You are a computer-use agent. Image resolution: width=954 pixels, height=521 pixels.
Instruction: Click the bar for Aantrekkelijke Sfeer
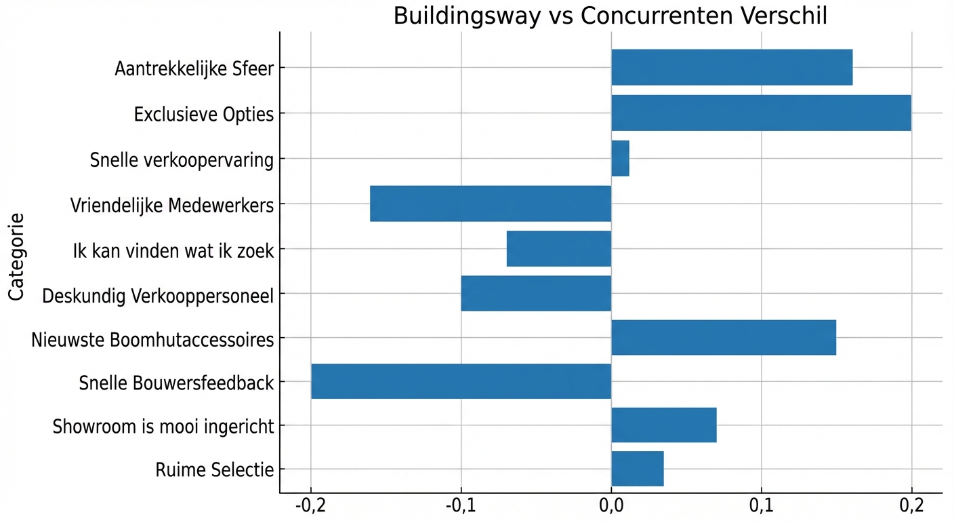coord(732,68)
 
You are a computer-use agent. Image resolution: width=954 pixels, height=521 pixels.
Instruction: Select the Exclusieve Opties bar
coord(761,113)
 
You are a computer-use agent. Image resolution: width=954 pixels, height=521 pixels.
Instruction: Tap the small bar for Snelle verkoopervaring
coord(620,159)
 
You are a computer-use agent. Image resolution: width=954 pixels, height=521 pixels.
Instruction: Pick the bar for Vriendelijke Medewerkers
coord(491,204)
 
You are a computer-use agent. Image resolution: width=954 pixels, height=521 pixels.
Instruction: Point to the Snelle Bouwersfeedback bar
coord(461,381)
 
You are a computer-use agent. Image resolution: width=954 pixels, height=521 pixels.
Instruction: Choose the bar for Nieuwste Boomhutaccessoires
coord(724,338)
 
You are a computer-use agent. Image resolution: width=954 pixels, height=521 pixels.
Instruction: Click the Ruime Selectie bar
coord(637,469)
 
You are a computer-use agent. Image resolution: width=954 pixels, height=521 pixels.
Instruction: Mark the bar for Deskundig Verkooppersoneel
coord(536,294)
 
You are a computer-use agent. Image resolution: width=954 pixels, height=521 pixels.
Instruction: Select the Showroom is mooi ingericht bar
coord(663,425)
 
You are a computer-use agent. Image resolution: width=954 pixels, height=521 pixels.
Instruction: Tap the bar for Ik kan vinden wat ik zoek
coord(559,249)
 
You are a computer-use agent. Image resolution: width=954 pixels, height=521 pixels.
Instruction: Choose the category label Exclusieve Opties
coord(204,114)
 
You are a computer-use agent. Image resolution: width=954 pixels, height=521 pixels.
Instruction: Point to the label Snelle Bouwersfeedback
coord(176,383)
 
